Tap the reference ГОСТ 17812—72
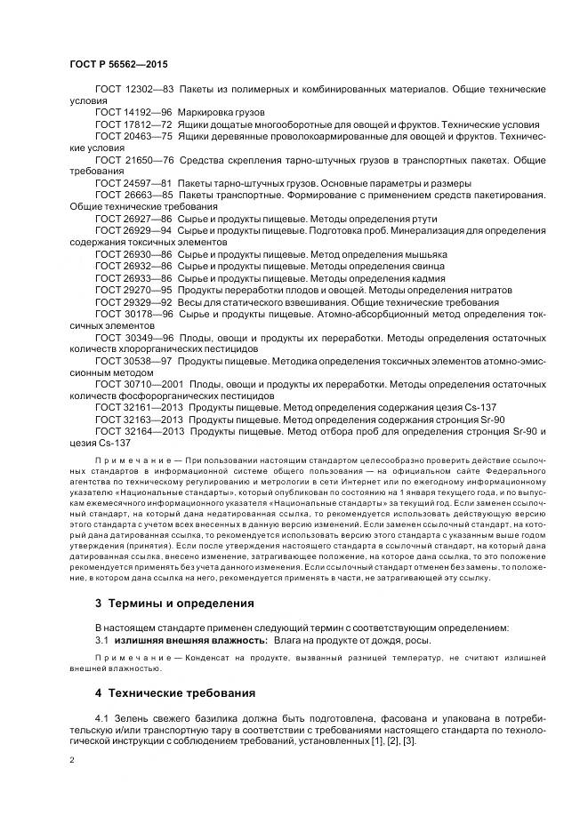(x=133, y=125)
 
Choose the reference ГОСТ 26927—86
(x=133, y=219)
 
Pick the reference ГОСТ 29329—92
(x=133, y=301)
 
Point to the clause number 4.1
(x=101, y=717)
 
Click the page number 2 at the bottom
(x=72, y=760)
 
